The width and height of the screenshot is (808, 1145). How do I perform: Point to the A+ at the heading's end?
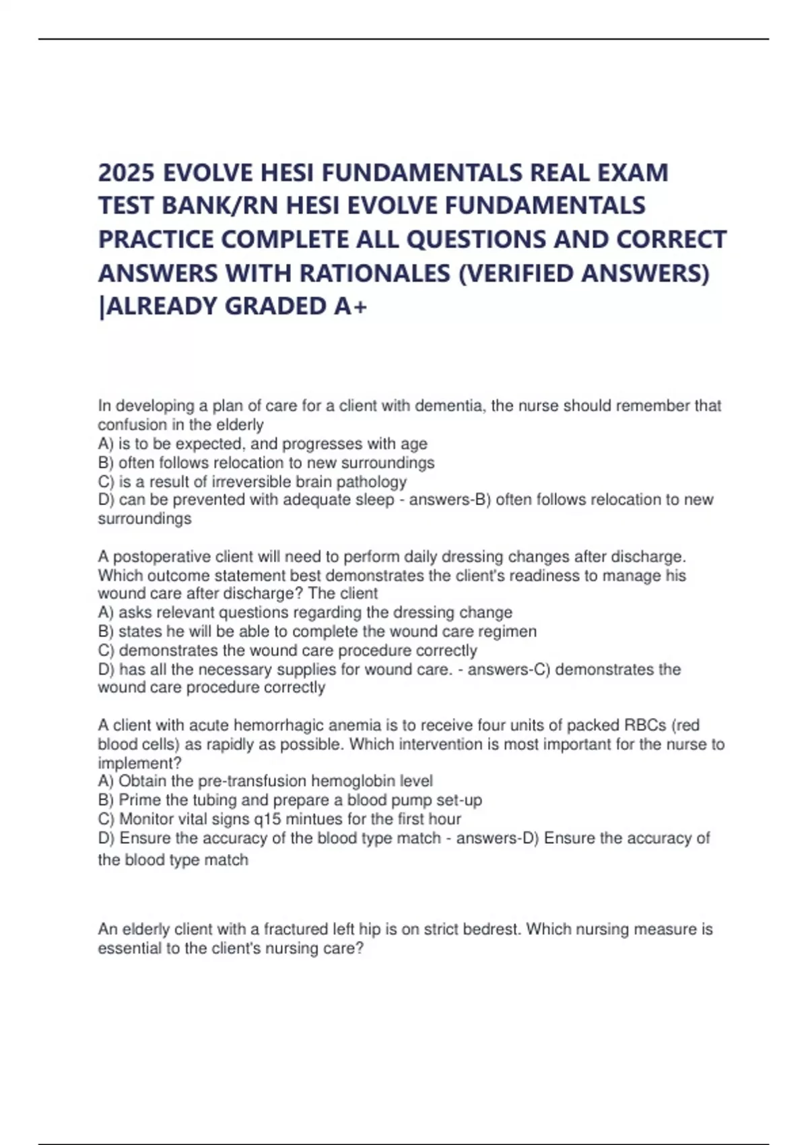tap(351, 306)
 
